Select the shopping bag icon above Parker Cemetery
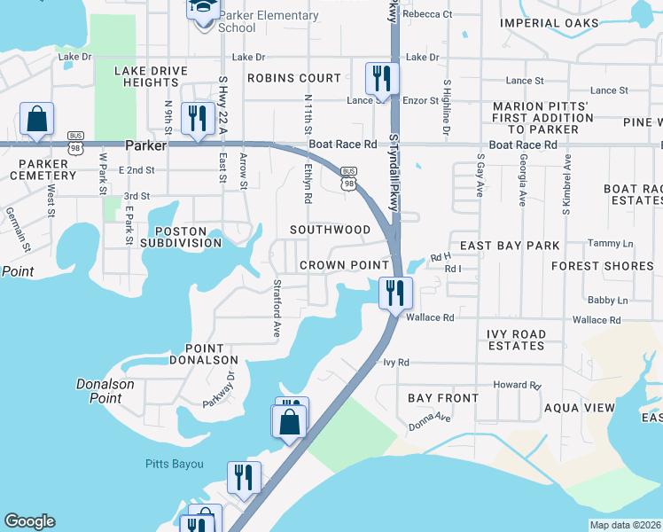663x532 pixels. point(37,119)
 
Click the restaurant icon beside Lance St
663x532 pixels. point(382,78)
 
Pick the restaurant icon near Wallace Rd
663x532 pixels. point(395,293)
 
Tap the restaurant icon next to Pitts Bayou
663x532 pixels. point(243,477)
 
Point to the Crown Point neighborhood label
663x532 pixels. point(344,265)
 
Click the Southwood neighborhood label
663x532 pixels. point(331,230)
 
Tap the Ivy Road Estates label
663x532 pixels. point(528,340)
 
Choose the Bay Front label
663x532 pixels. point(443,398)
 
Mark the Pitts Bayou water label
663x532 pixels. point(175,464)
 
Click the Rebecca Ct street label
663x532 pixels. point(427,14)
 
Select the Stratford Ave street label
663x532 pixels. point(277,309)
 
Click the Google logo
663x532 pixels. point(30,521)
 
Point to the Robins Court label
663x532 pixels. point(293,78)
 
